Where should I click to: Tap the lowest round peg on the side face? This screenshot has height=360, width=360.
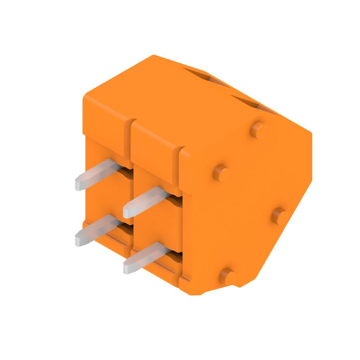(229, 275)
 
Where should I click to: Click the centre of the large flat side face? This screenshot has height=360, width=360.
(247, 202)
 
